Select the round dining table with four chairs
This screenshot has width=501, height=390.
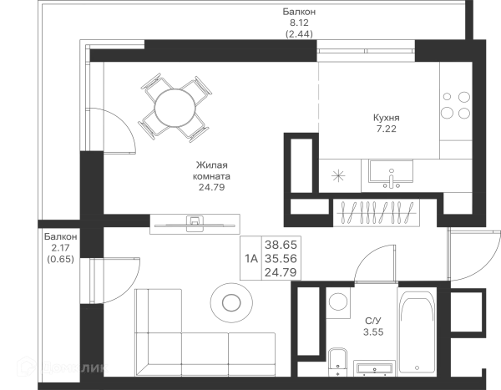(176, 105)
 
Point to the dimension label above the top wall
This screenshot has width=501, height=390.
(298, 23)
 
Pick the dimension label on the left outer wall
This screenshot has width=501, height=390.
(59, 249)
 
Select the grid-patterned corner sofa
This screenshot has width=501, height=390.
(200, 334)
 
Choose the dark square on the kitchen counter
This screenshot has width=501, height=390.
(337, 177)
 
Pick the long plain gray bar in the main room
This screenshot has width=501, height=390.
(194, 225)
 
